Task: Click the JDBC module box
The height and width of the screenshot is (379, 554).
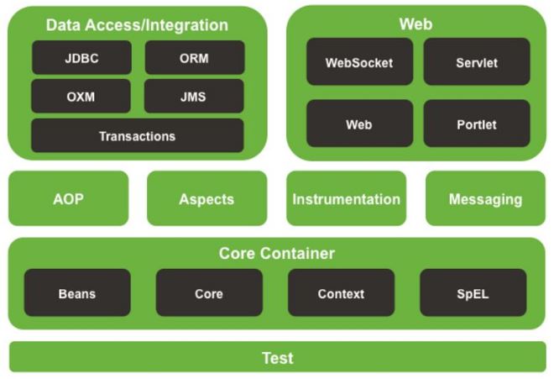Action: (x=81, y=57)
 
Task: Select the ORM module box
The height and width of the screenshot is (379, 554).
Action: (x=195, y=57)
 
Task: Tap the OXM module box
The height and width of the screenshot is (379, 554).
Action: (x=81, y=96)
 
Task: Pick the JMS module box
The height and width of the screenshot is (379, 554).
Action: (x=194, y=96)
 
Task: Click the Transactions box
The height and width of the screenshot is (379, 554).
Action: (x=138, y=135)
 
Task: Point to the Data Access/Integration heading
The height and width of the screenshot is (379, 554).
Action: (x=137, y=25)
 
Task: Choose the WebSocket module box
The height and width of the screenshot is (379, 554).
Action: (x=359, y=61)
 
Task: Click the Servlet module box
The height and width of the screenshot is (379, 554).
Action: (x=477, y=61)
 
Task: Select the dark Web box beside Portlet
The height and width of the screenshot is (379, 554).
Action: (x=359, y=124)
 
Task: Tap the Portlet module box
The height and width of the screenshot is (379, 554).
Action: (x=477, y=124)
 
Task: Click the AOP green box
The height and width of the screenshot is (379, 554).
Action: (x=69, y=198)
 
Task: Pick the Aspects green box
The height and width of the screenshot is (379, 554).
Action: (x=207, y=198)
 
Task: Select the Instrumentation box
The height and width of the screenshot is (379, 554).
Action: (x=346, y=198)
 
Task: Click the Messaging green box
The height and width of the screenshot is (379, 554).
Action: (x=485, y=198)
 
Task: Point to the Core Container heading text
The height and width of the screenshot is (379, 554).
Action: (x=277, y=254)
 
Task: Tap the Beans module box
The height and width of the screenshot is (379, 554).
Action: (x=77, y=292)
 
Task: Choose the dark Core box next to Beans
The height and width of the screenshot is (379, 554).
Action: (x=209, y=292)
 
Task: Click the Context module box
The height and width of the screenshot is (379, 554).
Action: (x=342, y=292)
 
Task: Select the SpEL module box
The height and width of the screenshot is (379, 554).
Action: (x=473, y=292)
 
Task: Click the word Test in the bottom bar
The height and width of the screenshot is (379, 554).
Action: (x=278, y=358)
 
